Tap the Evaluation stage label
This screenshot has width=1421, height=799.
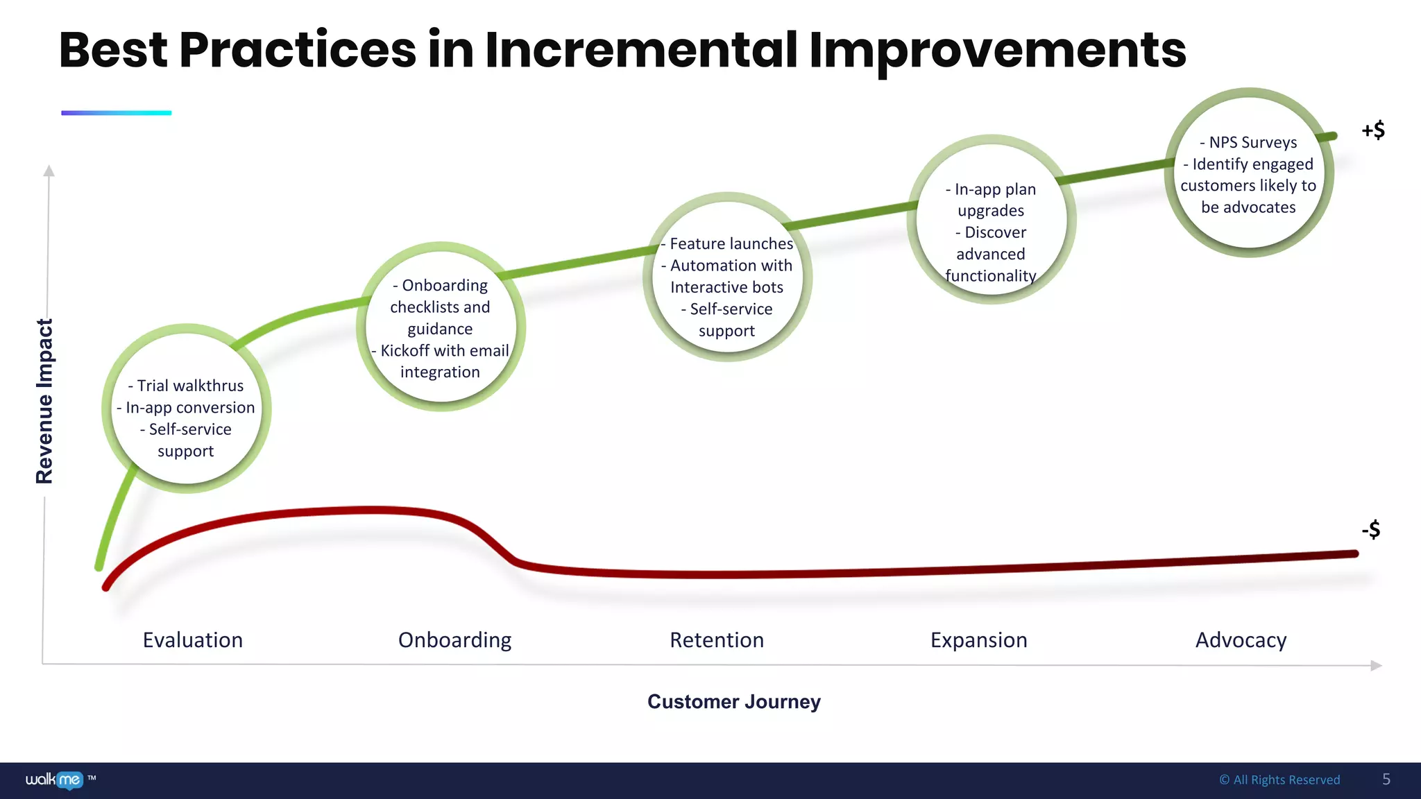[193, 639]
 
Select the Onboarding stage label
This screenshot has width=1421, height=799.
[454, 639]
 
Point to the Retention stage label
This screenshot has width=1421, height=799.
[717, 639]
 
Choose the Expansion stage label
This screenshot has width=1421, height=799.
[978, 639]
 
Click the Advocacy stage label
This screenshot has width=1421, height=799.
[1241, 639]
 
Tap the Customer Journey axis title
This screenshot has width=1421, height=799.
[733, 701]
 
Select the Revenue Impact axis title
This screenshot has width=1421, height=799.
[44, 401]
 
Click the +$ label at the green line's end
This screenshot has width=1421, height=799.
[1372, 130]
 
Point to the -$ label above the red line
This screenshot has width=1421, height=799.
[1370, 530]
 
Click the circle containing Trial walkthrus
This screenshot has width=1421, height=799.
[186, 409]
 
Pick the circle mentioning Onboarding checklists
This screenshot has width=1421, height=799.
[441, 327]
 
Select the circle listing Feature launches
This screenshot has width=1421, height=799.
[727, 277]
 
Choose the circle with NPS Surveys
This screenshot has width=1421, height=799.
[1248, 173]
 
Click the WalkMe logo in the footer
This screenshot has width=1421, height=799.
[56, 780]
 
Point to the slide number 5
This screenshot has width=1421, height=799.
[1386, 779]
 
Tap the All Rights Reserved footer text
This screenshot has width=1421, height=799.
[1279, 780]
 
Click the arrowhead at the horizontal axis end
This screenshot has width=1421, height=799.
[1377, 665]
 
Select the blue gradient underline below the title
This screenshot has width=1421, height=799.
[116, 112]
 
